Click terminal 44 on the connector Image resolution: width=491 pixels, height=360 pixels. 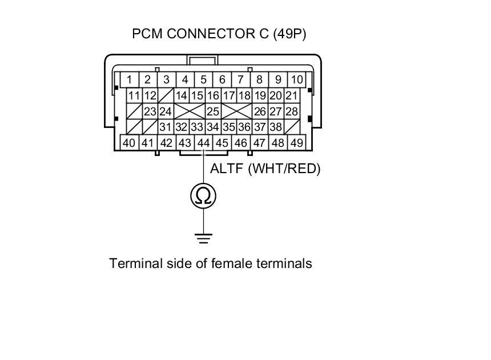click(x=203, y=143)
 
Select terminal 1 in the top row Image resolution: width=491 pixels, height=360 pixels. click(x=130, y=79)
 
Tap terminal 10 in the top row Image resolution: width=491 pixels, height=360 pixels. click(x=297, y=79)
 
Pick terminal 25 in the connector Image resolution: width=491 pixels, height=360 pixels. click(x=213, y=111)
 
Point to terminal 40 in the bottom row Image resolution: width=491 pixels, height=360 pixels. click(x=129, y=143)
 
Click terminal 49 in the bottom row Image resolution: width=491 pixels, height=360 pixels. click(x=297, y=143)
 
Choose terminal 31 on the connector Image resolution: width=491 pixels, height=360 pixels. click(x=166, y=127)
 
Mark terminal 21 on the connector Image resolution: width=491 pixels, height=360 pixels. click(x=291, y=95)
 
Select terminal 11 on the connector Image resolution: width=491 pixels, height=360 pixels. click(x=134, y=95)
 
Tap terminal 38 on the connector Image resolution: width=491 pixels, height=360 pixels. click(x=276, y=127)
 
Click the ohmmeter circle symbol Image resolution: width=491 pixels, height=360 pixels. click(x=204, y=196)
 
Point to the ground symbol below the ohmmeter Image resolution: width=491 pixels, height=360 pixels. click(x=204, y=238)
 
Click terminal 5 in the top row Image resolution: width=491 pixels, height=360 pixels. click(x=203, y=79)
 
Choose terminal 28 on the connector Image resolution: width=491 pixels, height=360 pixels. click(x=291, y=111)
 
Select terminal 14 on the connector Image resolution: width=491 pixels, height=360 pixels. click(x=182, y=95)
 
